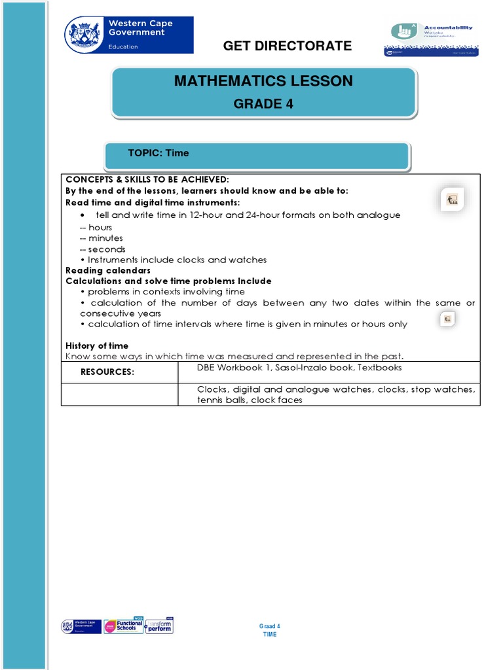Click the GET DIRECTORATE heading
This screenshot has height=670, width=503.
[x=288, y=46]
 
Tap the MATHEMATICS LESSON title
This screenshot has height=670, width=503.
[x=263, y=81]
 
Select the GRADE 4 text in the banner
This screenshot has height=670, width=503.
[x=263, y=104]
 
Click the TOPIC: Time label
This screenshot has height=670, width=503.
[x=158, y=153]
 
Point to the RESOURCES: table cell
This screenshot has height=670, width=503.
[x=107, y=372]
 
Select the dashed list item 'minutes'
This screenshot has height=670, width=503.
[x=105, y=238]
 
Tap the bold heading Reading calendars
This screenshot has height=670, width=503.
[x=108, y=270]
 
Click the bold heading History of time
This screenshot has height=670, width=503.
[x=97, y=345]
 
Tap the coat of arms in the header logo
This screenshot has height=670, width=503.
[x=84, y=34]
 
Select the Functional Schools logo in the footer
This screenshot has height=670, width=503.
[x=123, y=626]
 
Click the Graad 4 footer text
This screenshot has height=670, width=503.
[x=270, y=627]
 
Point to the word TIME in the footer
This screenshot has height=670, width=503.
[x=270, y=635]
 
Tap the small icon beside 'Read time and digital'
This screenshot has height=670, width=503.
[x=452, y=200]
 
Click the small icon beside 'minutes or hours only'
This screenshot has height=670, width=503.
[x=447, y=319]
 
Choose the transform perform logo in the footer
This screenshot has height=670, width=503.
[x=160, y=626]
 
